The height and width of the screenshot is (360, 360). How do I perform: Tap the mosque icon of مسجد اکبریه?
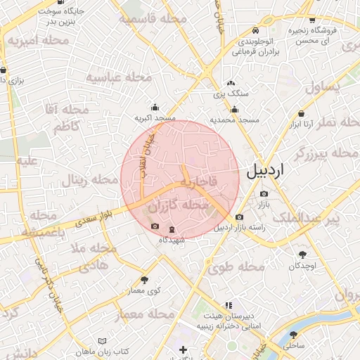155,107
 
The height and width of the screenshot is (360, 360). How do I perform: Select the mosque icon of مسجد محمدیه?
234,109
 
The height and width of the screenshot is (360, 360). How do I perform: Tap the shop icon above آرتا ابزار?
302,113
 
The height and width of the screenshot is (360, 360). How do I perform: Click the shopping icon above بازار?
264,193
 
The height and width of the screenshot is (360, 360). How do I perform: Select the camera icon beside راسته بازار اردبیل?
240,217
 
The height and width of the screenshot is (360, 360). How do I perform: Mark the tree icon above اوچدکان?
303,255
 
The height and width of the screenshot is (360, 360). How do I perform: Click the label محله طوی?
236,267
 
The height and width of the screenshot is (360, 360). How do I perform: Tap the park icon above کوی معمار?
145,279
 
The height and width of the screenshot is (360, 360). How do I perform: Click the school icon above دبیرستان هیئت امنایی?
228,306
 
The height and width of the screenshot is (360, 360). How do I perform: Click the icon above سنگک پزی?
231,84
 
